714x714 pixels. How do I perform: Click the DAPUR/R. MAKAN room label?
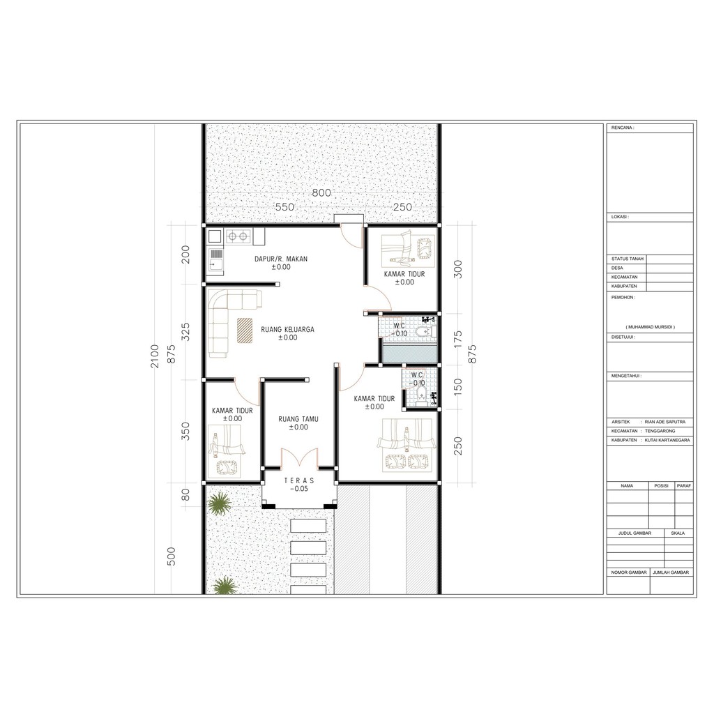[281, 259]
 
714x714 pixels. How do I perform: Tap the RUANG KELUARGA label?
[287, 329]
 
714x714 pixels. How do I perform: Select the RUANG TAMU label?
[298, 419]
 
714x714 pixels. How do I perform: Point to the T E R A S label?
[299, 480]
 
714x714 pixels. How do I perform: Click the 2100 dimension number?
[155, 356]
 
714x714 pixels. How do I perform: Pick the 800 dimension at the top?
[321, 192]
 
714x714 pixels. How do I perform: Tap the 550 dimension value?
[284, 207]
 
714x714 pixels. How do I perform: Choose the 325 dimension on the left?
[185, 332]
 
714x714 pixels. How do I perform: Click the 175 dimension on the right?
[458, 340]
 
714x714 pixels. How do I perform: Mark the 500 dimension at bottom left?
[172, 556]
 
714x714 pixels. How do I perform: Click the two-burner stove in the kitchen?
[238, 236]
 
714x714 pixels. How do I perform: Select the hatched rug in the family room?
[245, 330]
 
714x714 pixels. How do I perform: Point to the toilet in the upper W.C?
[425, 332]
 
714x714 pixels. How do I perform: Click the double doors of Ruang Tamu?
[299, 457]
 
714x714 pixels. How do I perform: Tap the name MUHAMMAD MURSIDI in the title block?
[650, 327]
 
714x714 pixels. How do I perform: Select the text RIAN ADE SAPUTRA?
[664, 422]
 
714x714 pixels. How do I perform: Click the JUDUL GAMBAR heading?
[635, 533]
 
